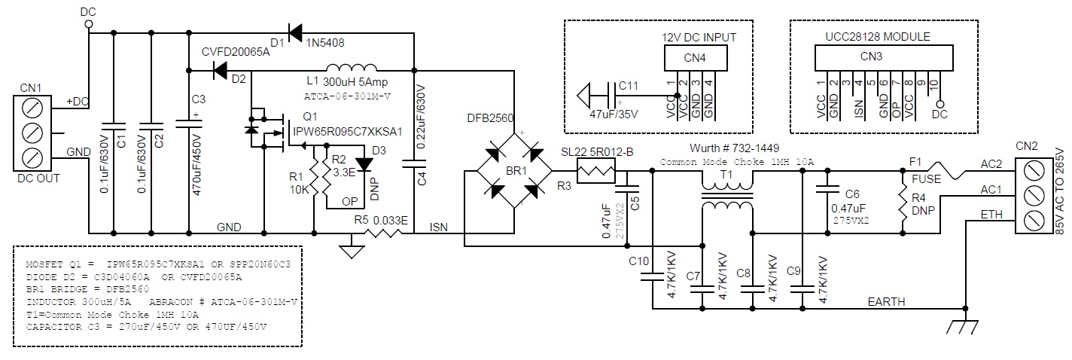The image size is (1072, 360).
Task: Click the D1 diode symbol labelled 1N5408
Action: coord(295,32)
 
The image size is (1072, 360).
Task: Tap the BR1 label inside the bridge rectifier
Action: coord(516,171)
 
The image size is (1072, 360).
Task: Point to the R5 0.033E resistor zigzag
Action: coord(383,233)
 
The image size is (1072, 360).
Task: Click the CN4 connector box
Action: coord(695,58)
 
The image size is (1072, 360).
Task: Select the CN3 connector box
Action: coord(884,57)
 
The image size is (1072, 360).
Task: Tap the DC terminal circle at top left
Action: coord(88,24)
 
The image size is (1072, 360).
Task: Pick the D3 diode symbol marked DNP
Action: coord(364,164)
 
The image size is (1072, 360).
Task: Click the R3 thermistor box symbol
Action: coord(595,171)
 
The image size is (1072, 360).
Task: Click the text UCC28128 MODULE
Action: coord(878,37)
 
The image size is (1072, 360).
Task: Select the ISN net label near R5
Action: coord(438,227)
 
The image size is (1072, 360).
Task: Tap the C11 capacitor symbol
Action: coord(612,95)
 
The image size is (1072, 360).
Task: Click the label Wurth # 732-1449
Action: coord(734,148)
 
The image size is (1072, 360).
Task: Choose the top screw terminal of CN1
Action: coord(32,108)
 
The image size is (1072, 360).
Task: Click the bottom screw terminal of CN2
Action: coord(1034,221)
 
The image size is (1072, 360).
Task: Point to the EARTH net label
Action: coord(886,301)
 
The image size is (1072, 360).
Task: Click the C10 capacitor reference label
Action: coord(639,261)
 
